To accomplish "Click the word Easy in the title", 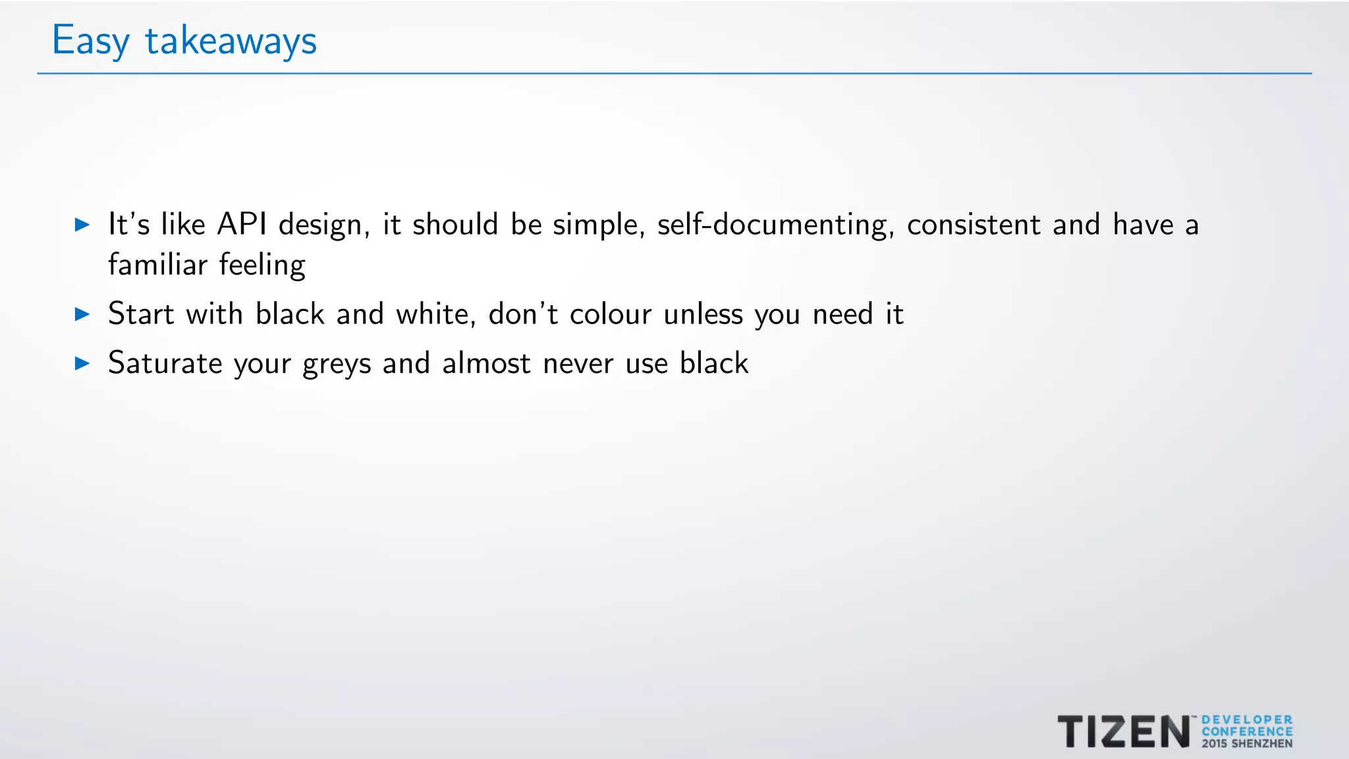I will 90,41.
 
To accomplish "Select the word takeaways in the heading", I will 231,41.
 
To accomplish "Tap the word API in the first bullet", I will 242,225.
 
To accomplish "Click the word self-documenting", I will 775,225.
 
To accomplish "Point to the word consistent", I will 974,225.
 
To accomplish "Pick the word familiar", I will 157,265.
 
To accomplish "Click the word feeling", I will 262,265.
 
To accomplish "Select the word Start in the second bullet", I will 141,314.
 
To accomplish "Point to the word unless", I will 703,314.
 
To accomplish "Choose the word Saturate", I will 165,363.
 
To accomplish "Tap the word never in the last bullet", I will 578,364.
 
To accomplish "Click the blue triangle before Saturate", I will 82,363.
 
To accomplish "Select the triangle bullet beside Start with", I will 82,314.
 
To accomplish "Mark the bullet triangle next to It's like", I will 82,225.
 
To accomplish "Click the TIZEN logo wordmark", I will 1124,731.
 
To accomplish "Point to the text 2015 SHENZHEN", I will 1246,744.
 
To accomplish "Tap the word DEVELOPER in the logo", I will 1246,719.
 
